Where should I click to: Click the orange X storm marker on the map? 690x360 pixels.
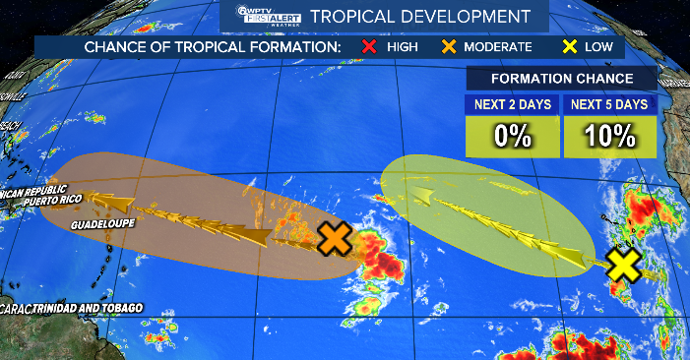[336, 238]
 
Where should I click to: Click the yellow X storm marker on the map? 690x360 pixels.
[624, 264]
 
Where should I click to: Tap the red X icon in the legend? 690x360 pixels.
[369, 46]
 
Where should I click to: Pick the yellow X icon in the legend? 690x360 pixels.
[568, 46]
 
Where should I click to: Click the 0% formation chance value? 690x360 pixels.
[512, 136]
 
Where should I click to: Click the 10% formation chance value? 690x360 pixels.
[610, 136]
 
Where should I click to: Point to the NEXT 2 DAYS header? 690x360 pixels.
[512, 104]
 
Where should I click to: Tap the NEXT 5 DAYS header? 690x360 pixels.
[610, 104]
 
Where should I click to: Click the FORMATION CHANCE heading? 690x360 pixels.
[561, 80]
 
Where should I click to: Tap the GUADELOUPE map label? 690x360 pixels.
[102, 224]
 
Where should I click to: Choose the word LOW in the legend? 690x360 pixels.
[598, 46]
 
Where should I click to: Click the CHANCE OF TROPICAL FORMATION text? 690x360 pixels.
[213, 46]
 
